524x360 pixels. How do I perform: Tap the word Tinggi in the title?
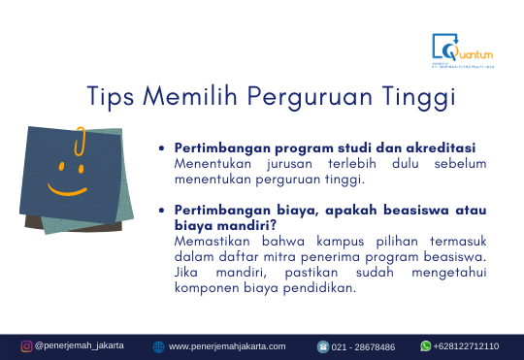pyautogui.click(x=420, y=97)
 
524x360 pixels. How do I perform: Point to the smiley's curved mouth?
pyautogui.click(x=65, y=188)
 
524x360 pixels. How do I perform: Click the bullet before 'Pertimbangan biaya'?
pyautogui.click(x=162, y=211)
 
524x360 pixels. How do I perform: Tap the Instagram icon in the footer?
pyautogui.click(x=27, y=345)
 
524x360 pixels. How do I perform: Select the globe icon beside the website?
pyautogui.click(x=158, y=346)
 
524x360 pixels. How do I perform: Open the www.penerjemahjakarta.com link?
pyautogui.click(x=227, y=346)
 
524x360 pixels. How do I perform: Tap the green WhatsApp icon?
pyautogui.click(x=425, y=345)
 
